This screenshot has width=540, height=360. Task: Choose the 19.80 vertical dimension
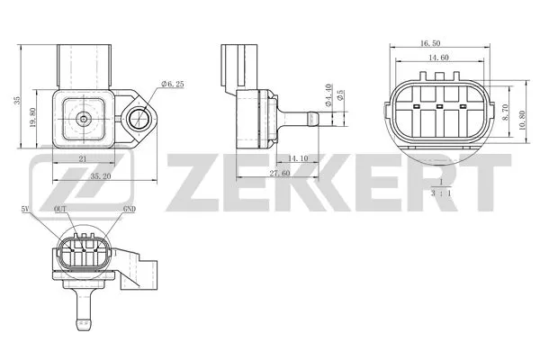[31, 118]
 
